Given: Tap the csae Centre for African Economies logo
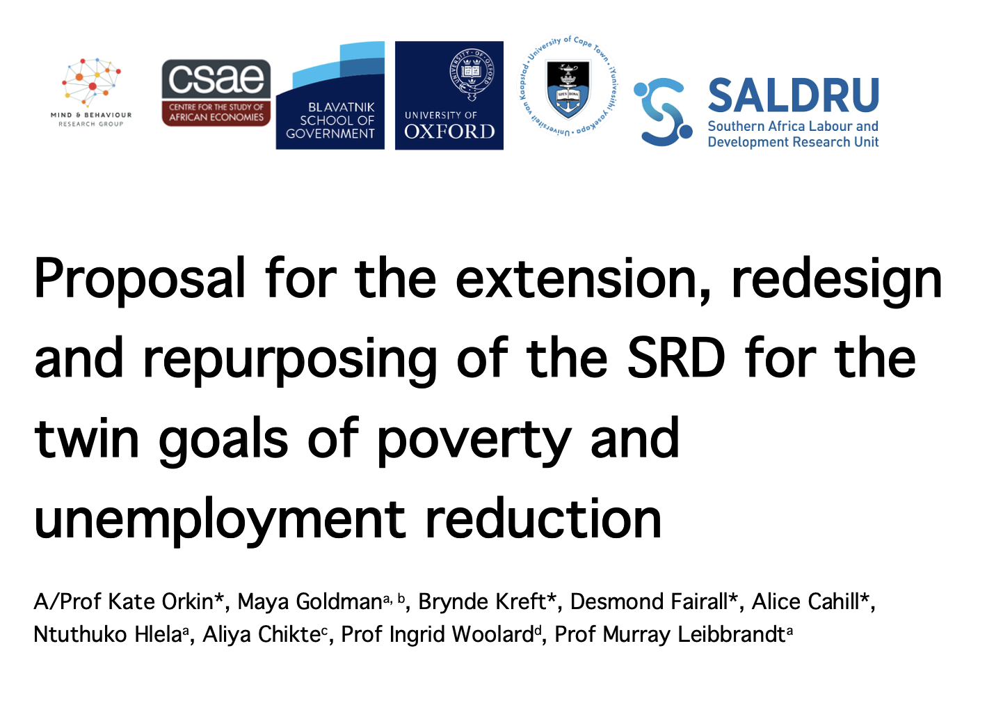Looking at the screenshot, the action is pos(216,93).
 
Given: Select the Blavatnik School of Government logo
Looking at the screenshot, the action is pos(330,95).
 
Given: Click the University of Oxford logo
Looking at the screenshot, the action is pos(449,95).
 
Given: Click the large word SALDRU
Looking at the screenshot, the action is pos(793,95).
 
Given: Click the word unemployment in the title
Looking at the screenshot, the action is pos(220,520).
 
